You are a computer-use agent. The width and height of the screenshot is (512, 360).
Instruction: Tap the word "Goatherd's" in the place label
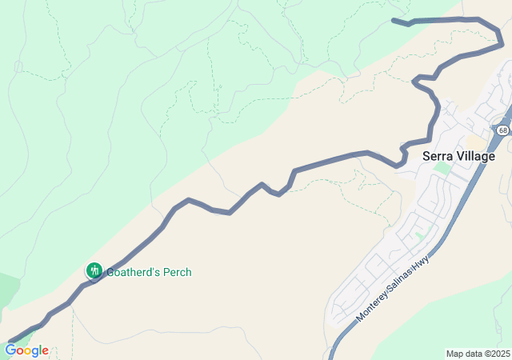(x=134, y=272)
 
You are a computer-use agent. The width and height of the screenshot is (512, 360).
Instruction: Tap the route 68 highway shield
(x=502, y=130)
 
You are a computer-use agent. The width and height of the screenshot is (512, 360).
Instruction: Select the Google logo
(x=26, y=350)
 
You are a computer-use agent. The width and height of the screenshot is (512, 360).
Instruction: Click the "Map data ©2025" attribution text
(x=478, y=354)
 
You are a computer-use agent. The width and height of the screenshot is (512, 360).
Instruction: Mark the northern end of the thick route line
(x=394, y=20)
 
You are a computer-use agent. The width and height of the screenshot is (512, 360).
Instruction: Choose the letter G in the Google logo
(x=10, y=350)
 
